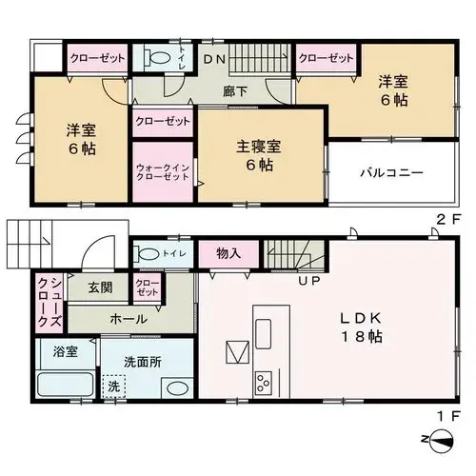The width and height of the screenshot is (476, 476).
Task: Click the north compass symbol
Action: (442, 442)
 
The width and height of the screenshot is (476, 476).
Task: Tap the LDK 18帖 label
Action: (361, 327)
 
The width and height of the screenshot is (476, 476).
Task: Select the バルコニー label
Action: (392, 173)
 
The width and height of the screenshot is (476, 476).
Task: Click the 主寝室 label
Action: (259, 147)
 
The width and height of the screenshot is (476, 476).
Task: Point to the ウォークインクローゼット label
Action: (163, 172)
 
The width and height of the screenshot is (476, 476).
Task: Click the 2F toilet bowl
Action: (159, 58)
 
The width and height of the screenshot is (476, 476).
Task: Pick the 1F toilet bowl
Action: (149, 253)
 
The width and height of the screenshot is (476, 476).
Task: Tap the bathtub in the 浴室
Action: (65, 384)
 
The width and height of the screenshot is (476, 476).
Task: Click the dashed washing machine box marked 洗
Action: (113, 387)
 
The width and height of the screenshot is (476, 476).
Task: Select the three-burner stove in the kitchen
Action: (264, 383)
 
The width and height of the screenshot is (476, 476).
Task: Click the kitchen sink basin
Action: (264, 334)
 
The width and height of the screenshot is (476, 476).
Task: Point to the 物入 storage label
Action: (228, 253)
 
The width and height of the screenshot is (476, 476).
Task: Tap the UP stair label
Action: (309, 281)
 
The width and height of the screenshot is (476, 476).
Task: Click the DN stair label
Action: (214, 59)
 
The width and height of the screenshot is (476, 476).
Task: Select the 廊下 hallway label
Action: (235, 91)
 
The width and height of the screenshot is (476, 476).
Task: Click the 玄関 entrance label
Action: (100, 288)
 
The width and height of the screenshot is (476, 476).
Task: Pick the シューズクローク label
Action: (50, 301)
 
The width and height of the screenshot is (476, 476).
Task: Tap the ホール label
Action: (129, 319)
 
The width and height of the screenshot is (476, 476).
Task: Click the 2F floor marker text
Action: (448, 220)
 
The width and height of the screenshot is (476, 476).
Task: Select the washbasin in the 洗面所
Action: (177, 388)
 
